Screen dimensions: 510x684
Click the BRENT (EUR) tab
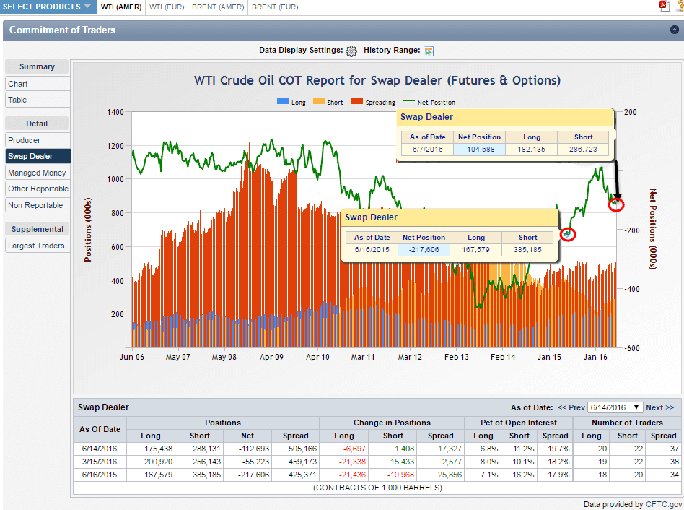(274, 7)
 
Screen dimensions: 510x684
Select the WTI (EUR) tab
(167, 7)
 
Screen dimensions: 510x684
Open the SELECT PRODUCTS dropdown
(48, 7)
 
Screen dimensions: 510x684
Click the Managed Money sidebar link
(37, 173)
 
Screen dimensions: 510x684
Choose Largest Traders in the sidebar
(36, 246)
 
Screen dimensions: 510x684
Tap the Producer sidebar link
(25, 140)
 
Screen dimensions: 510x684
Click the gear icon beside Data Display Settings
(351, 51)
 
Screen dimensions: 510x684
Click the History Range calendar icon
(429, 51)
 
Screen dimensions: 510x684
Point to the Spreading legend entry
(374, 103)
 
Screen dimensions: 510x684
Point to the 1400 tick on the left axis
(115, 112)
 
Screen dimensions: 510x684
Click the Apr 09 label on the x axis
(271, 357)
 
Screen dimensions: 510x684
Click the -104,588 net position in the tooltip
(479, 150)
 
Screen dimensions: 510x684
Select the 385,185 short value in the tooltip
(527, 249)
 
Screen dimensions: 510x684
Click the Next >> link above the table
(659, 407)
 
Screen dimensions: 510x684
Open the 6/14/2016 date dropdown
(615, 407)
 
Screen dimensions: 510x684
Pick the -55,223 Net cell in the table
(247, 462)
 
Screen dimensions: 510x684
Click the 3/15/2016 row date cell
(101, 462)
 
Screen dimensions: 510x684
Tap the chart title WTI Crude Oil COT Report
(377, 80)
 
